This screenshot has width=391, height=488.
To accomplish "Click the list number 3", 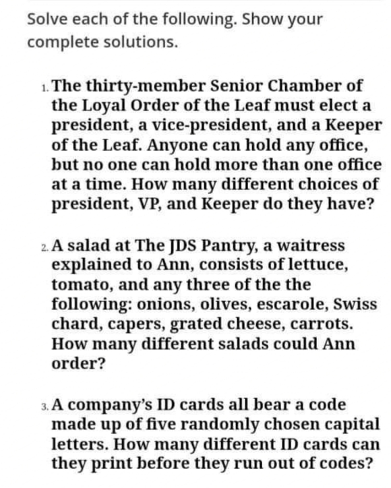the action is (44, 406).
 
